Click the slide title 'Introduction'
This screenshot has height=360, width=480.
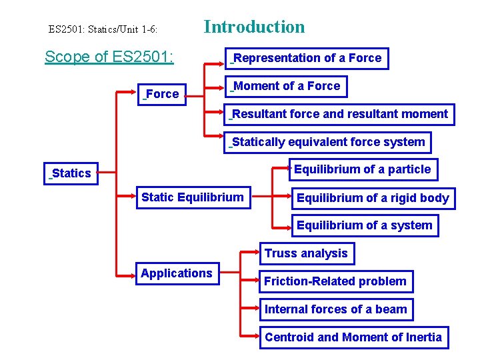pos(254,27)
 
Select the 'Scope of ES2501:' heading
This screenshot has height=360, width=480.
pos(109,57)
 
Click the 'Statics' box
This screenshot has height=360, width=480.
pos(71,173)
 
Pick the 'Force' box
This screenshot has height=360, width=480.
pos(162,94)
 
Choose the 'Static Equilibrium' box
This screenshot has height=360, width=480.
pos(193,197)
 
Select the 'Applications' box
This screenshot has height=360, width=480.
pos(177,273)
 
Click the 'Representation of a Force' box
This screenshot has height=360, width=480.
pos(307,58)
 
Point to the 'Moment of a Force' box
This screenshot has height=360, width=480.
pos(286,86)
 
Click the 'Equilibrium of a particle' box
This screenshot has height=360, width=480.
pos(363,169)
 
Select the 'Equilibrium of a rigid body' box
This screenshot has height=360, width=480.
pos(373,198)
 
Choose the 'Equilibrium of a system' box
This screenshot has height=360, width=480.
pos(365,225)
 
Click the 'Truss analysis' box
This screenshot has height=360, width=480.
pos(306,253)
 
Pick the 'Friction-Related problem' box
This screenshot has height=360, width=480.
pos(335,281)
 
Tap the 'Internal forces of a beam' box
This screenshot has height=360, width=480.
pos(336,309)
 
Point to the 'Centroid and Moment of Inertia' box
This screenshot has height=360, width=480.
pos(353,337)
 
